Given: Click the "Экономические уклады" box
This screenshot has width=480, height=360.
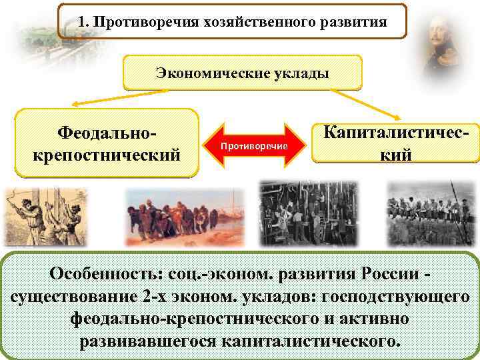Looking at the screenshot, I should pyautogui.click(x=242, y=73).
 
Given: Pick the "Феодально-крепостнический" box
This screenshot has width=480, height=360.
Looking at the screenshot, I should pyautogui.click(x=107, y=143).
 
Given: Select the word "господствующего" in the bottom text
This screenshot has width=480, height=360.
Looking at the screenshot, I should pyautogui.click(x=395, y=297).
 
